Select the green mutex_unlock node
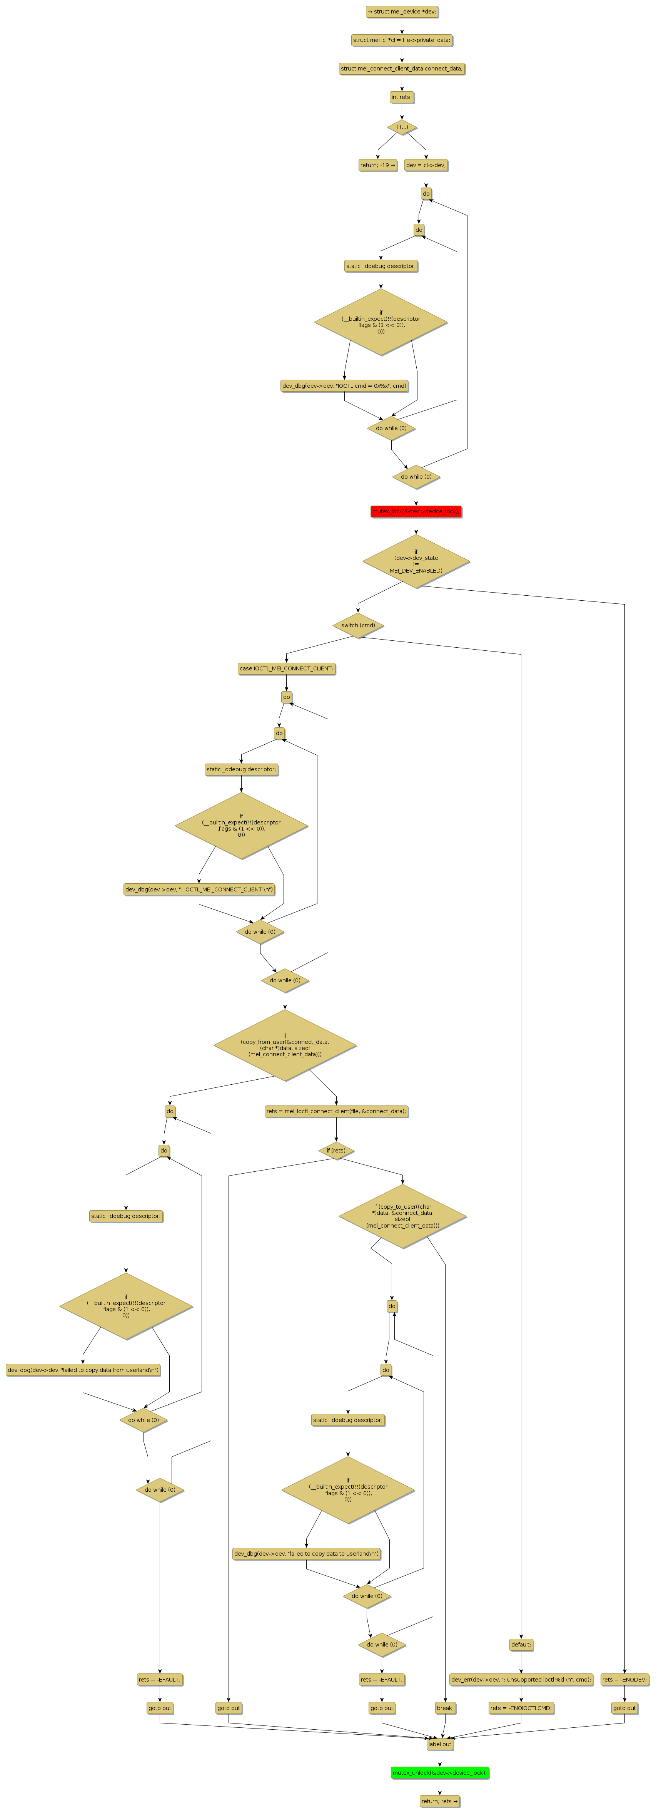[439, 1772]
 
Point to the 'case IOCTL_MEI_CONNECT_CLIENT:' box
[287, 668]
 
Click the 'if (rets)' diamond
[336, 1151]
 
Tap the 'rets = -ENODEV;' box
[624, 1680]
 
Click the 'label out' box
[439, 1744]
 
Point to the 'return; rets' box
[439, 1801]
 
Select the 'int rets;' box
[402, 97]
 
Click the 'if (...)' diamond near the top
[402, 127]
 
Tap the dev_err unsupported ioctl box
[521, 1680]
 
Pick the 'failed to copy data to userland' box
[306, 1553]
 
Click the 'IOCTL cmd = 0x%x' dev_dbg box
[344, 386]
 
